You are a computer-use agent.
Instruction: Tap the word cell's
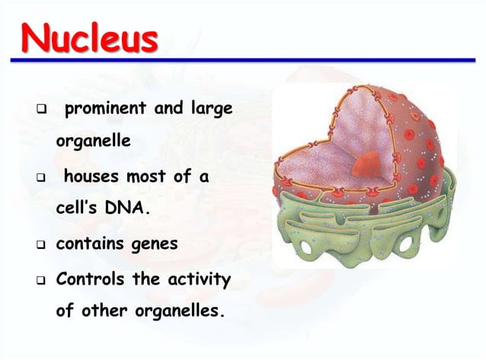point(78,209)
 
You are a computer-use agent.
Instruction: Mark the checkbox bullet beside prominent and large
point(36,111)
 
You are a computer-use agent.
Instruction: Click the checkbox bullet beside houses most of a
point(36,179)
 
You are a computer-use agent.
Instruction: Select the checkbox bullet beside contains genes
point(36,246)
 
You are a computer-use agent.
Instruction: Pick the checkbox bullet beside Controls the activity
point(36,281)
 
